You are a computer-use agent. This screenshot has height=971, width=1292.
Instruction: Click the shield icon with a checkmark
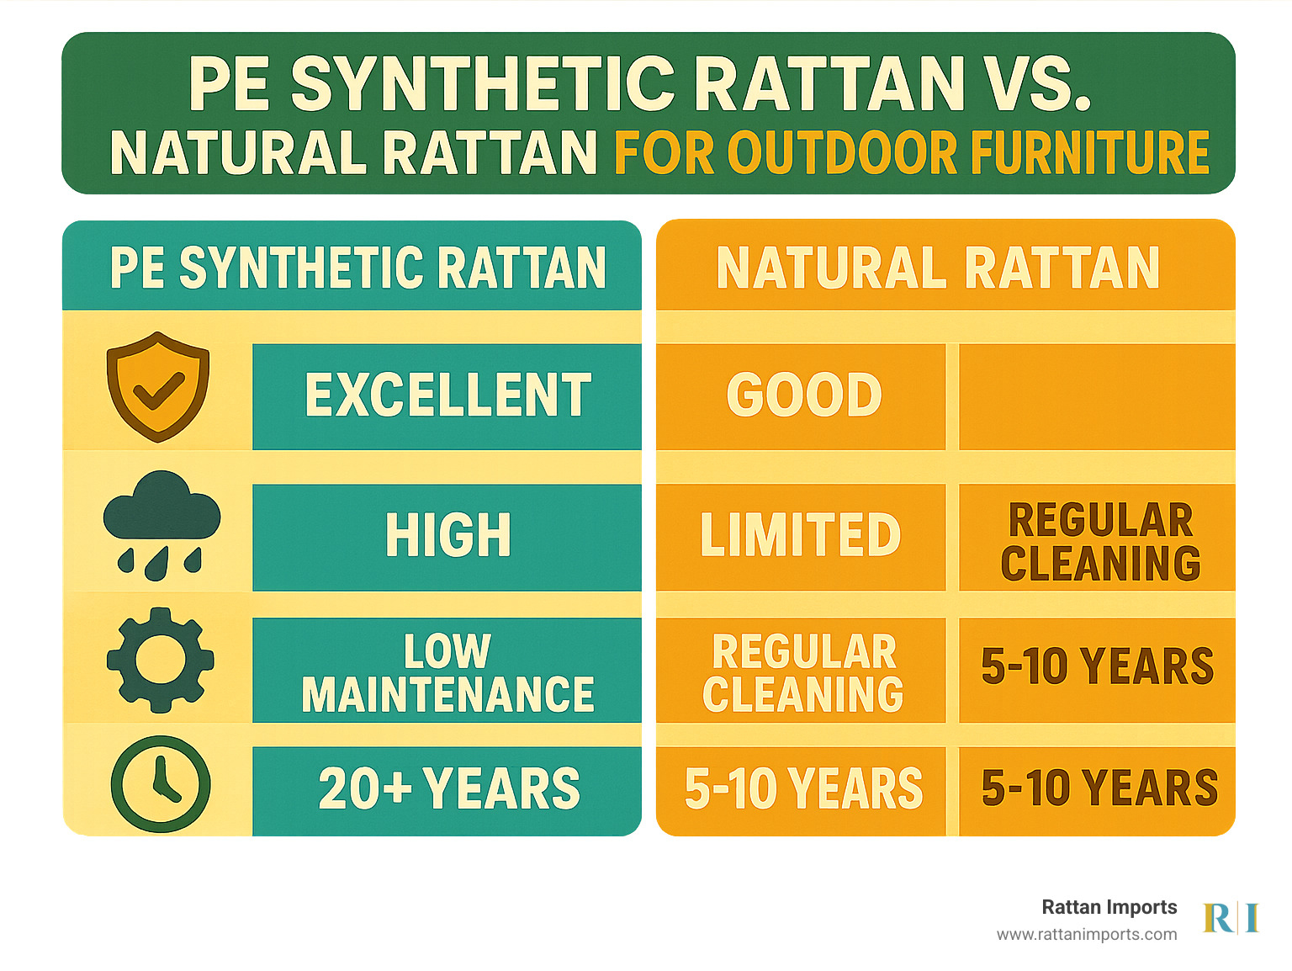[x=158, y=387]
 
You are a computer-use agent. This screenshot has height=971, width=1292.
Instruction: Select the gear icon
[x=160, y=660]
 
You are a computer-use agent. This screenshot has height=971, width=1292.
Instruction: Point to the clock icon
[x=161, y=783]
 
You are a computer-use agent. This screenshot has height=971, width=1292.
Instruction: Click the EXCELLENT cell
[x=447, y=396]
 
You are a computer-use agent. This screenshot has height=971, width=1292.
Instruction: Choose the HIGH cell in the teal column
[x=447, y=537]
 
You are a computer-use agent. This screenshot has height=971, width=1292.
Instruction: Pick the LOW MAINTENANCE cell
[x=447, y=670]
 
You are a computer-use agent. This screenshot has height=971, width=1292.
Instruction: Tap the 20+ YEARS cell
[x=447, y=791]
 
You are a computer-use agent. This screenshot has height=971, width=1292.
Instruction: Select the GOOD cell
[x=801, y=396]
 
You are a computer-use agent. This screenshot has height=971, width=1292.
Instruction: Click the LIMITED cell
[x=801, y=537]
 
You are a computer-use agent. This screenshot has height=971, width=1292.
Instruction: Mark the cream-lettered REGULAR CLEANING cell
[x=801, y=670]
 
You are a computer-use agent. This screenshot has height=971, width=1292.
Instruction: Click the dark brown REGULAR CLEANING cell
[x=1097, y=537]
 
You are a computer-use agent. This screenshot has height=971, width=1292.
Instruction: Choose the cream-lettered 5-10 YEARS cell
[x=801, y=791]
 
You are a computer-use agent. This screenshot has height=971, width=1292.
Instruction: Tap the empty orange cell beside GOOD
[x=1097, y=396]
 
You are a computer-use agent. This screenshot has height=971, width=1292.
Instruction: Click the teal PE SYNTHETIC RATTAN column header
[x=352, y=266]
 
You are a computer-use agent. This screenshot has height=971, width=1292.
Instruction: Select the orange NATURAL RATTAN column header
[x=945, y=265]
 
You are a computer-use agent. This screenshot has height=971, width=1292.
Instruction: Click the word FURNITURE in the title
[x=1090, y=152]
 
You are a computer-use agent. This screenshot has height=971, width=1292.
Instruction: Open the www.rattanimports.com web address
[x=1087, y=935]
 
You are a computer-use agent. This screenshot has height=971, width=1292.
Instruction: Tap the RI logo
[x=1231, y=918]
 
